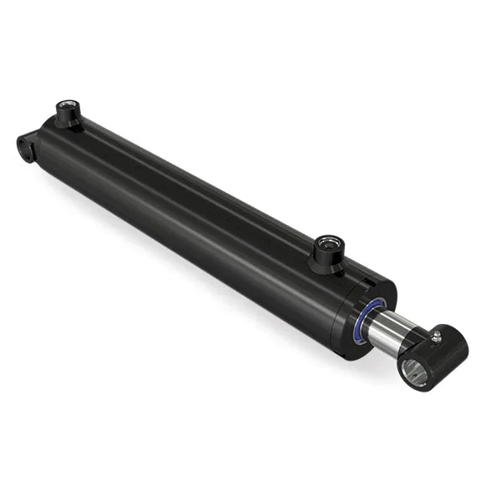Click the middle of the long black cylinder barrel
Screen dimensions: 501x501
pyautogui.click(x=192, y=209)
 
